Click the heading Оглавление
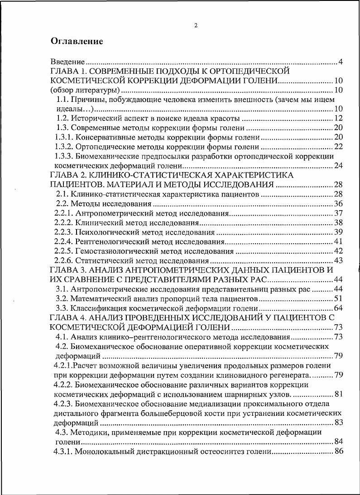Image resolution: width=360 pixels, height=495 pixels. (77, 41)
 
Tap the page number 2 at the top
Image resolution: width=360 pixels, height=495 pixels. (196, 25)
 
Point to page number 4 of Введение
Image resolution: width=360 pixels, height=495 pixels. (341, 61)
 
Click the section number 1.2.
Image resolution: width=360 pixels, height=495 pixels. (62, 118)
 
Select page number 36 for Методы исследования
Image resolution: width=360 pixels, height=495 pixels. (338, 203)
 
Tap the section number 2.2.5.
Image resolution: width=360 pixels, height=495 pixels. (63, 251)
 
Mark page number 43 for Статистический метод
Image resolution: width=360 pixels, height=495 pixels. (338, 260)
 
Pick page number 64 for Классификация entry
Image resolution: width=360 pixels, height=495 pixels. (338, 308)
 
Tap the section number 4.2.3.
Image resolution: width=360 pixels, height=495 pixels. (63, 403)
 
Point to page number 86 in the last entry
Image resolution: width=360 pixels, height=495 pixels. (338, 451)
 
